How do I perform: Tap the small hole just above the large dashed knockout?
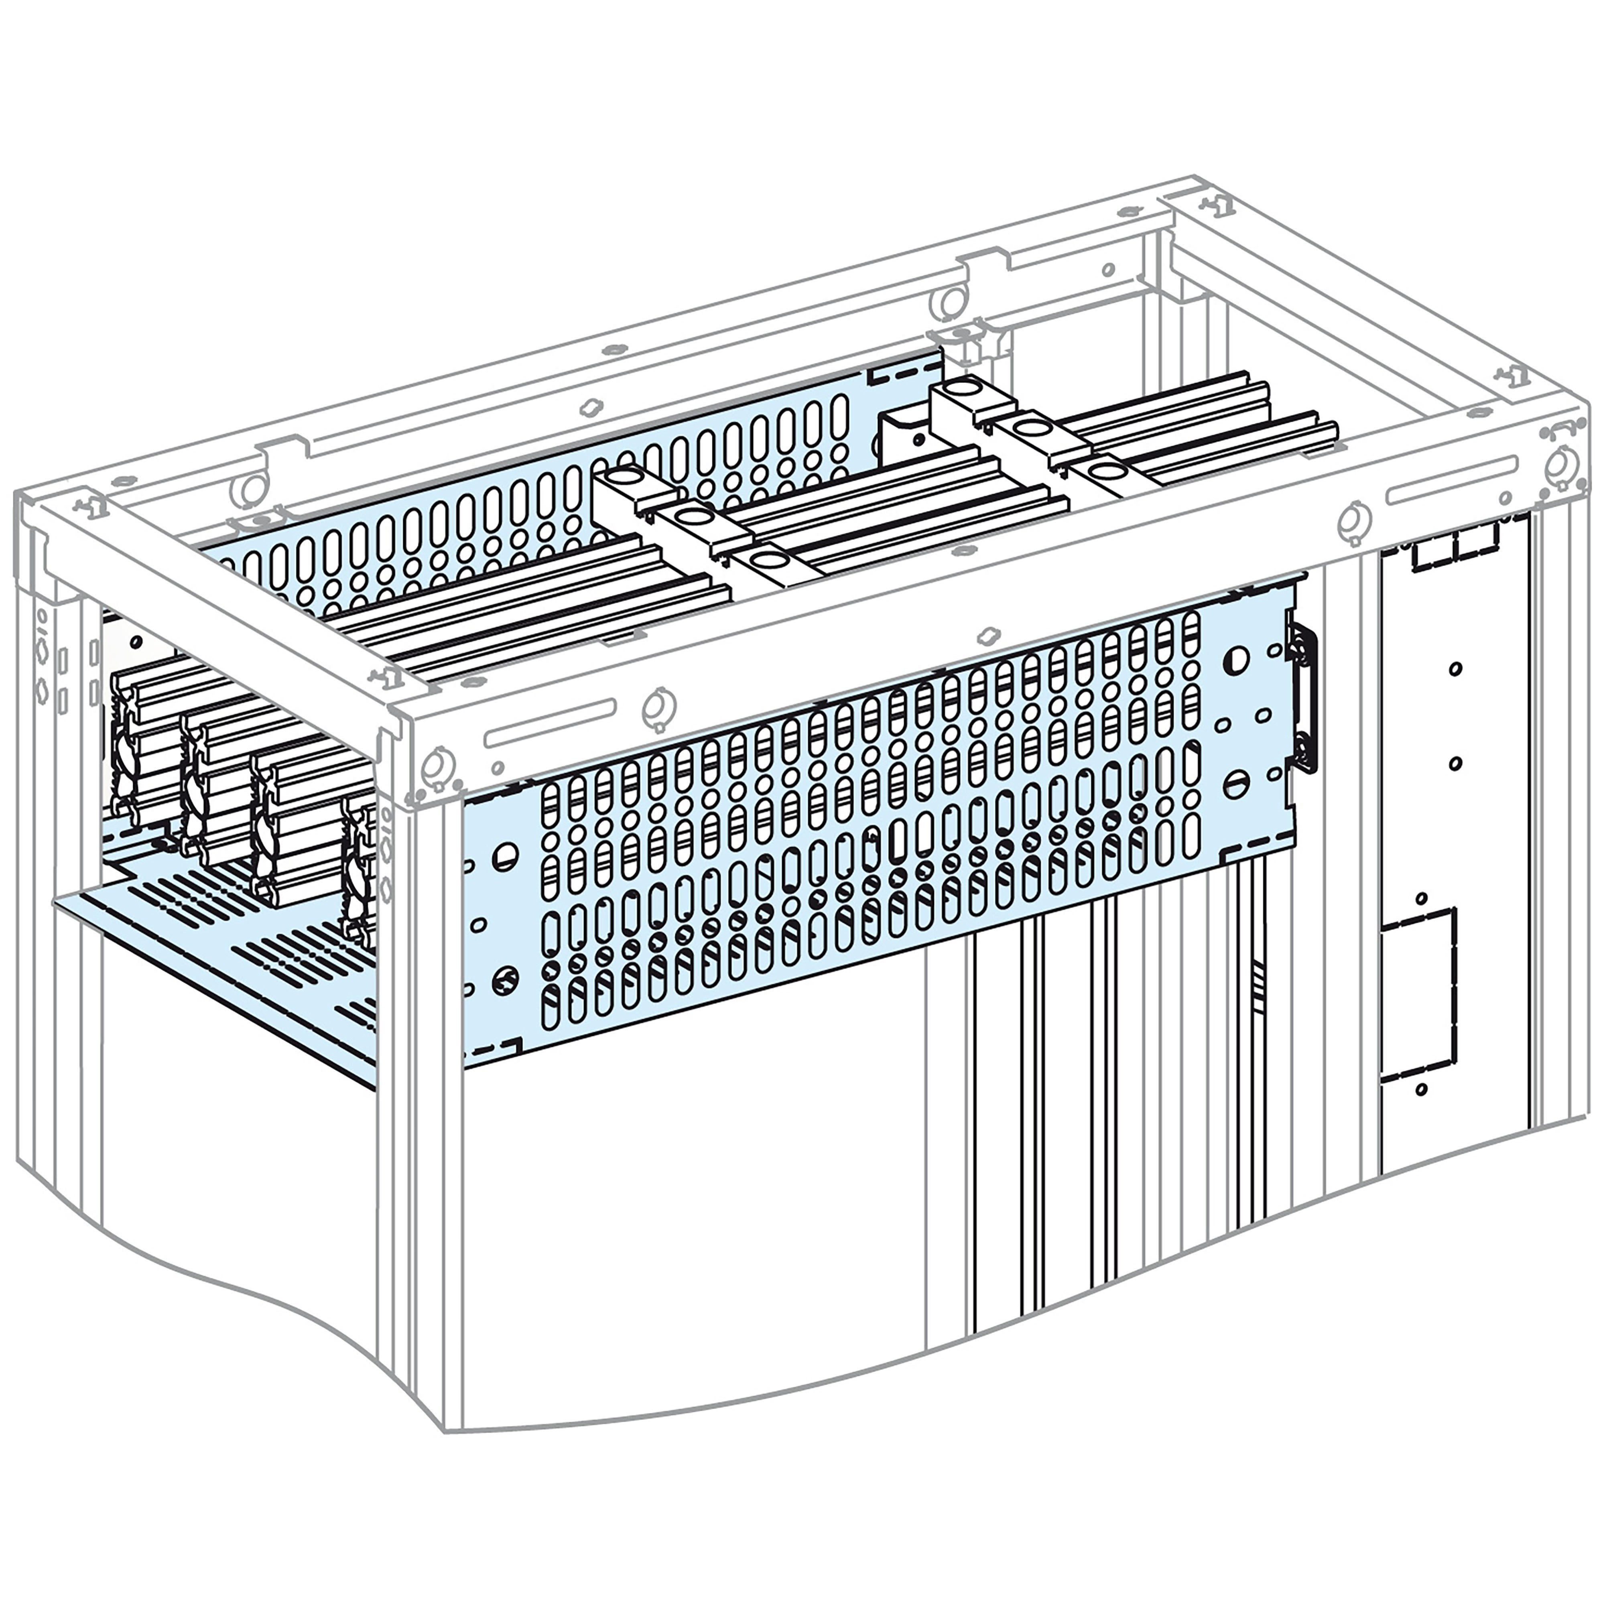(x=1421, y=899)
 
